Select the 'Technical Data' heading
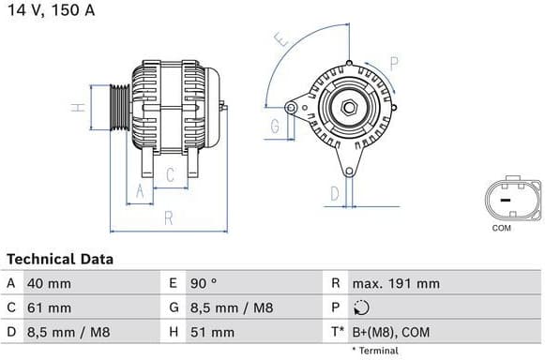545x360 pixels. coord(60,259)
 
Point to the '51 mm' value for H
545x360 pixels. coord(214,332)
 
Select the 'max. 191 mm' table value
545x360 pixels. coord(395,283)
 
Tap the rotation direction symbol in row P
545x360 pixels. coord(363,307)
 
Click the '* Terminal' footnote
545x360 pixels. coord(375,351)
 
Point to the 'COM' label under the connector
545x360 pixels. coord(502,228)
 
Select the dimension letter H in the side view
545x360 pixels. coord(81,107)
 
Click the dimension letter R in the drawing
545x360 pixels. coord(168,217)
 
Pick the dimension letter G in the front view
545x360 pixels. coord(276,126)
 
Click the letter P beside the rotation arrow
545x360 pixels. coord(394,63)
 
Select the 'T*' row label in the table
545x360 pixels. coord(336,332)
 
